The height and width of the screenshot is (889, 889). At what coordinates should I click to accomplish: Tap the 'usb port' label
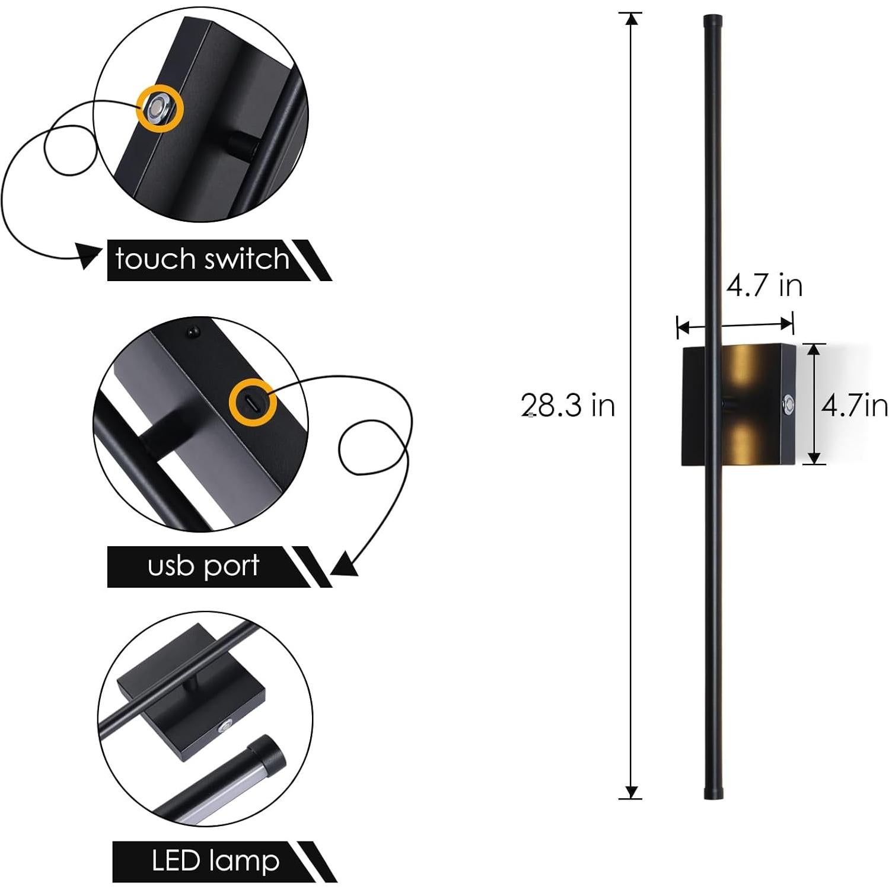click(203, 566)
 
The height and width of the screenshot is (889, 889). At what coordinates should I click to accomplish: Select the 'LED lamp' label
click(215, 861)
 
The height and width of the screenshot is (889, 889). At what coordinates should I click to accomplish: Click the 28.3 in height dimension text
click(568, 406)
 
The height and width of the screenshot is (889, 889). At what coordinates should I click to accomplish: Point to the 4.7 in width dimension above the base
click(764, 286)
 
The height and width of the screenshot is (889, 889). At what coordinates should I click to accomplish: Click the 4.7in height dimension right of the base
click(854, 406)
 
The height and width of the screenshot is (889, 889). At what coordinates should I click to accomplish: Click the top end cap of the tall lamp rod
click(710, 23)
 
